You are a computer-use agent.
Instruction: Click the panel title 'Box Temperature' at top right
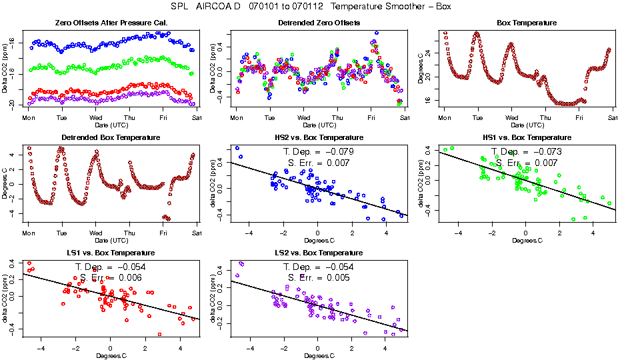527,23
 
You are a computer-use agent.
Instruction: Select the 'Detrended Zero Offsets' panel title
319,23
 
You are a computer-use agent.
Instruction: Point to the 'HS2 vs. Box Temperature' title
319,138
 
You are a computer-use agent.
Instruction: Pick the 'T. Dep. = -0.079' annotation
319,151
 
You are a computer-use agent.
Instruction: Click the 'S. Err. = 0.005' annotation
319,277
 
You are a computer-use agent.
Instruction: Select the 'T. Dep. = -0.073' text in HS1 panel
527,151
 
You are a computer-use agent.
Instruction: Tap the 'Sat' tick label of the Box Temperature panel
612,117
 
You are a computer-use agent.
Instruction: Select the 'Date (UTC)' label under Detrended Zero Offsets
319,125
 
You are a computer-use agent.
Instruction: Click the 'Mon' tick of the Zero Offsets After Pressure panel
28,117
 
